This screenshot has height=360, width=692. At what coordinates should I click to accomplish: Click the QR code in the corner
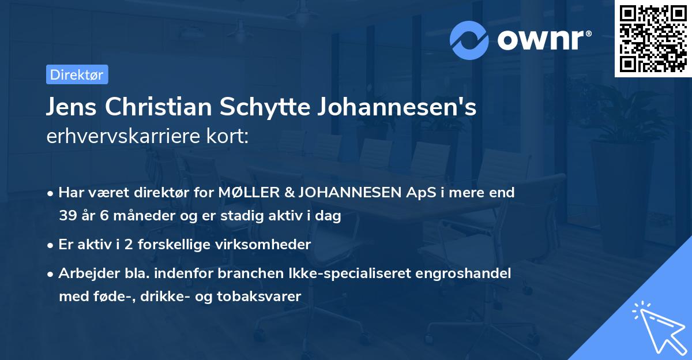653,39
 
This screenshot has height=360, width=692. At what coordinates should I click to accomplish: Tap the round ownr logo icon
470,40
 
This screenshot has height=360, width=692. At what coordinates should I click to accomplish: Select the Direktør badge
76,74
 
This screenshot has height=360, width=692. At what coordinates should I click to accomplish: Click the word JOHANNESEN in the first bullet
351,193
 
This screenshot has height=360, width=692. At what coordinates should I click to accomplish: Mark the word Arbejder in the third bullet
84,273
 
